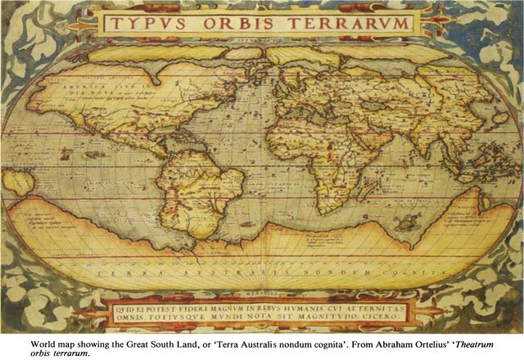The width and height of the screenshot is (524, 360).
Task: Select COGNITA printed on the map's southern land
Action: (390, 268)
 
